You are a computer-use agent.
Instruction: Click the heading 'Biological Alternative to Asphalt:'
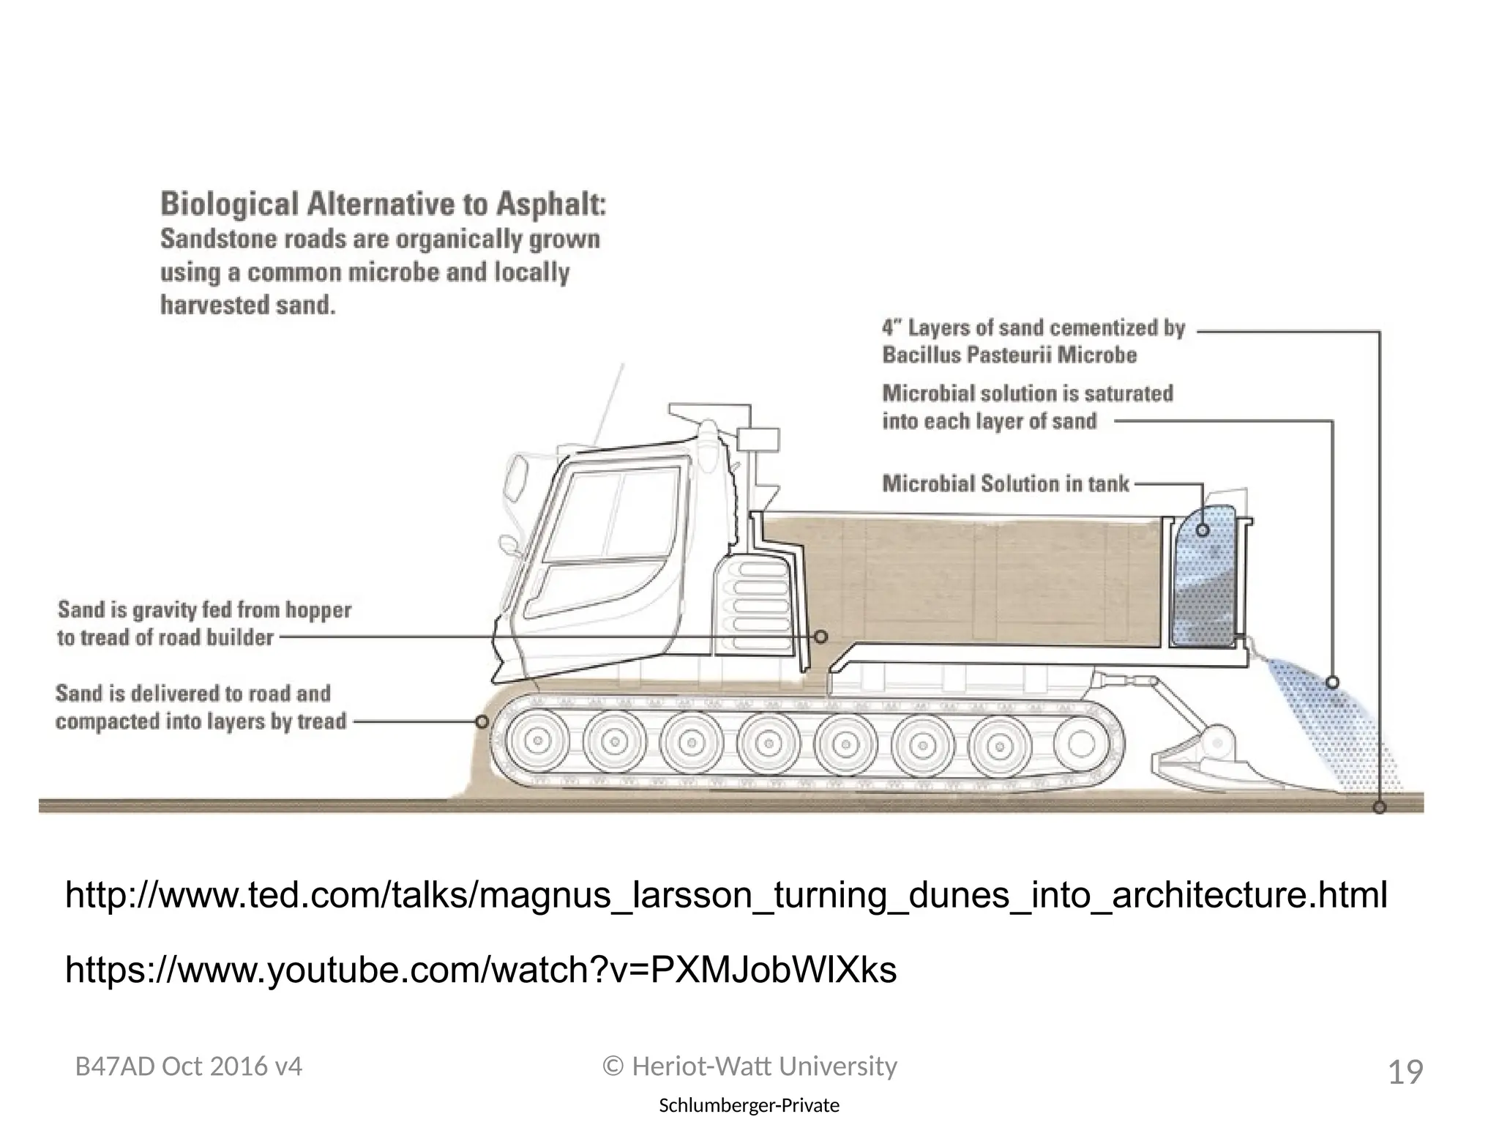pyautogui.click(x=383, y=204)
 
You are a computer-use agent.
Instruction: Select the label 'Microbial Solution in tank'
pyautogui.click(x=1005, y=484)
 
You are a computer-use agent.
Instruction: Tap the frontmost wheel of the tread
pyautogui.click(x=538, y=742)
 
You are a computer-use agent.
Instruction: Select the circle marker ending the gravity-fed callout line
pyautogui.click(x=821, y=637)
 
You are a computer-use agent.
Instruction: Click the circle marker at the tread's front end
pyautogui.click(x=482, y=722)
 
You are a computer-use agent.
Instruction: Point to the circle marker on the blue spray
pyautogui.click(x=1333, y=683)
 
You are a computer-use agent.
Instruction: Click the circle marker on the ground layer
pyautogui.click(x=1380, y=807)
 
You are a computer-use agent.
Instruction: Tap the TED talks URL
pyautogui.click(x=725, y=895)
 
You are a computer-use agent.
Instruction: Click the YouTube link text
pyautogui.click(x=481, y=970)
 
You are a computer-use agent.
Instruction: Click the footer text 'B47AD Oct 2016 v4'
pyautogui.click(x=189, y=1067)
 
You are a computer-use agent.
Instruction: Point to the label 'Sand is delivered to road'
pyautogui.click(x=193, y=693)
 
